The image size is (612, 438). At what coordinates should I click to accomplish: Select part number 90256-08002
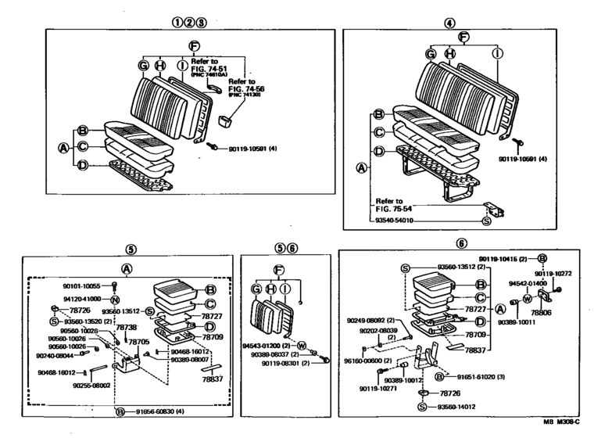pos(91,386)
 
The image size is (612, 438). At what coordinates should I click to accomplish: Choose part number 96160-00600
pos(365,361)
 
